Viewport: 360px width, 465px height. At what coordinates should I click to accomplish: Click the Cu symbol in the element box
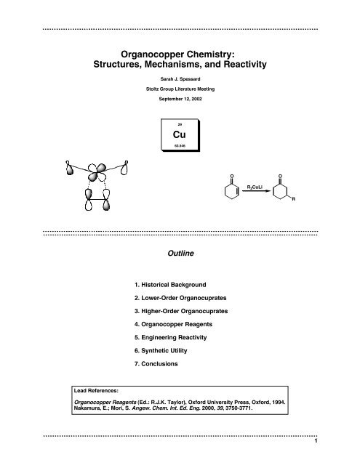pos(180,135)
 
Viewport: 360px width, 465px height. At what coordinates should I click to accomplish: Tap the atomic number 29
pos(180,124)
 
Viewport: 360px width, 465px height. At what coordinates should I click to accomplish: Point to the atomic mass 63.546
pos(180,146)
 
